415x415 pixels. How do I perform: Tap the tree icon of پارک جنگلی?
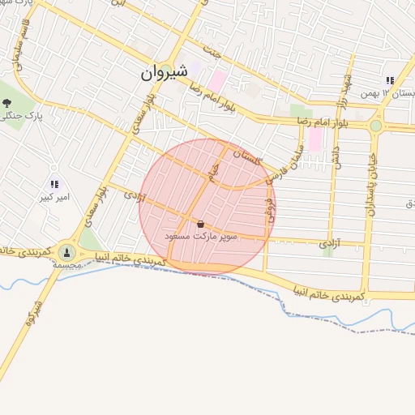click(7, 102)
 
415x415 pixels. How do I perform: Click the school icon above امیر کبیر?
click(54, 184)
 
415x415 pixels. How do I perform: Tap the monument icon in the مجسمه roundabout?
click(65, 253)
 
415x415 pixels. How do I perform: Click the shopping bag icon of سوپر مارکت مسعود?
click(201, 224)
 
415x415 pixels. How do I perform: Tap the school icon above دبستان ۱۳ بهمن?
click(390, 81)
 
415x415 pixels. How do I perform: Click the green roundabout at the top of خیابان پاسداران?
click(375, 126)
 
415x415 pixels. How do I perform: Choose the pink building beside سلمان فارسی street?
click(314, 139)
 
